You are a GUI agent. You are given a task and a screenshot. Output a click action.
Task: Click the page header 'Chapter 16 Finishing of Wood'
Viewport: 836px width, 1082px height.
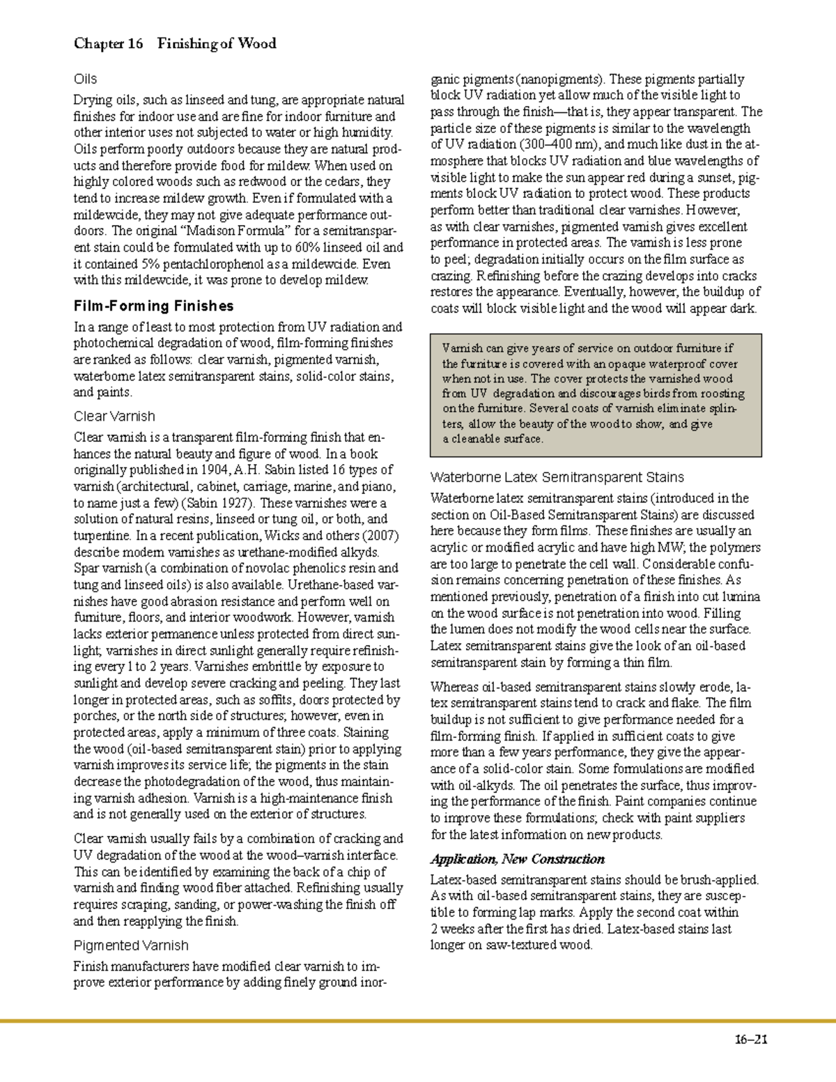click(175, 44)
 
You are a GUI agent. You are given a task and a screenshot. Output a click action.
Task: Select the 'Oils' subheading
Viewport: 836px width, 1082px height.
click(85, 79)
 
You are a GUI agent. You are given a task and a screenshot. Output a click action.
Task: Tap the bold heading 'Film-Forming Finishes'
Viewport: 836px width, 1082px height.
click(153, 306)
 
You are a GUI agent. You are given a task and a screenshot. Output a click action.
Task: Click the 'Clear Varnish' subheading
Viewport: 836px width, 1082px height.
click(114, 417)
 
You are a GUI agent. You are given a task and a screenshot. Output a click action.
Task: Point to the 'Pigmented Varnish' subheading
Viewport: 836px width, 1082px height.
click(131, 945)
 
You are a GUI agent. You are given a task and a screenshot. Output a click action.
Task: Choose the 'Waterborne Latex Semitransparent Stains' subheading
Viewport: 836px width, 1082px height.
click(557, 477)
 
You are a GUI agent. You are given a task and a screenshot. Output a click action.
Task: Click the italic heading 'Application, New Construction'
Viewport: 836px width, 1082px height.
click(517, 859)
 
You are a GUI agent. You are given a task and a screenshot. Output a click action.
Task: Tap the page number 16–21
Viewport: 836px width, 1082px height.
click(750, 1040)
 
